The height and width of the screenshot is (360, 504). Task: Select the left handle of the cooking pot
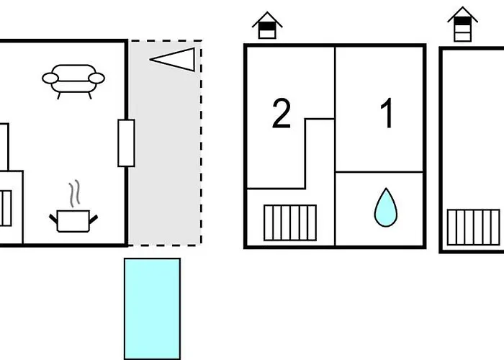click(53, 216)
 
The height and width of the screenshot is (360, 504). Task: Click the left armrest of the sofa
click(49, 78)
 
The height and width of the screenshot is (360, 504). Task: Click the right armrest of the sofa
click(97, 78)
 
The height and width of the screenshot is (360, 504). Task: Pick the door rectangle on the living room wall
click(126, 143)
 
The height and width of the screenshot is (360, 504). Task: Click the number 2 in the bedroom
click(282, 114)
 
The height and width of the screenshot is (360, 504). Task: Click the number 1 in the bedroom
click(387, 114)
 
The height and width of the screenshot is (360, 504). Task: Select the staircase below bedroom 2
click(289, 222)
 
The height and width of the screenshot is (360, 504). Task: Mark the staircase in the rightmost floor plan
click(473, 227)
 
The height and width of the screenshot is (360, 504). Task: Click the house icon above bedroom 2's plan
click(267, 26)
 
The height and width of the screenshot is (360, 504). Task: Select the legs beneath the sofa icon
click(73, 94)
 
